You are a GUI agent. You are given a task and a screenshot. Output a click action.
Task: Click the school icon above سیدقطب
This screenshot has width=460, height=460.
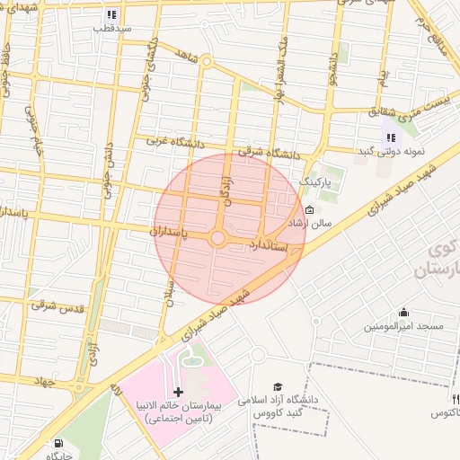[111, 14]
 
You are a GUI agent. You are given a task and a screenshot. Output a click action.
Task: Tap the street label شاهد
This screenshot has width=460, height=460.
[186, 55]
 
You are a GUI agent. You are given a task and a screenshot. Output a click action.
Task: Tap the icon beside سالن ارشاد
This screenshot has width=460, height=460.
[297, 211]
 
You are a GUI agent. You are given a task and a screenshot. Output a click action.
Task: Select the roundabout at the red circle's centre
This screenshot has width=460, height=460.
[217, 239]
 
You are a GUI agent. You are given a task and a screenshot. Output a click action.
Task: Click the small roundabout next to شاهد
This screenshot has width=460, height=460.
[207, 62]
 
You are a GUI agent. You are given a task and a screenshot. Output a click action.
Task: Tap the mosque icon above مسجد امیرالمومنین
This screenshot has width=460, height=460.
[403, 312]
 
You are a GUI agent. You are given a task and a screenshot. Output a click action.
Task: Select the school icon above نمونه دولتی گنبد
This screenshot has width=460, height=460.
[390, 137]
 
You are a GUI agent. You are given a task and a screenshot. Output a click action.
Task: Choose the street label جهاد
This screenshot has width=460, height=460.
[41, 382]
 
